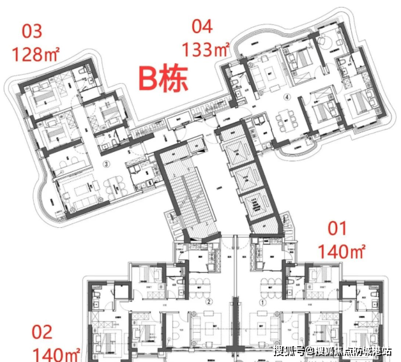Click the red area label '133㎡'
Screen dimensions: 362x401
coord(206,49)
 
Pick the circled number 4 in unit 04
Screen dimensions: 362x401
coord(287,98)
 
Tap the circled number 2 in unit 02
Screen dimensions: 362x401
coord(208,301)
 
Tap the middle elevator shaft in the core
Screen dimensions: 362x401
coord(250,178)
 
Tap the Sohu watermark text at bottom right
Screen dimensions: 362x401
coord(333,351)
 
